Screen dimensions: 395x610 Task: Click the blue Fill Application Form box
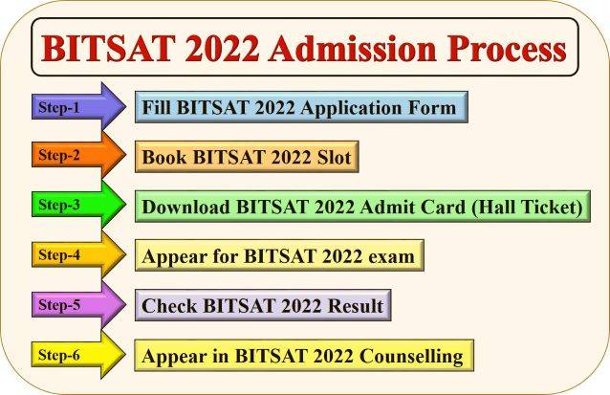point(299,107)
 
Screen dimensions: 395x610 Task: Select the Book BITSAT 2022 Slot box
point(246,157)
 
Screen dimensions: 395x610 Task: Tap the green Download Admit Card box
point(361,207)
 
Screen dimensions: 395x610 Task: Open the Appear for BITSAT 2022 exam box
point(278,257)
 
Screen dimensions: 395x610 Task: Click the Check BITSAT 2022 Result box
point(262,307)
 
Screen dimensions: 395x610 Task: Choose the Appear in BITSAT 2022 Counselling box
point(302,357)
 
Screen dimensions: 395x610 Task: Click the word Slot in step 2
point(329,157)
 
